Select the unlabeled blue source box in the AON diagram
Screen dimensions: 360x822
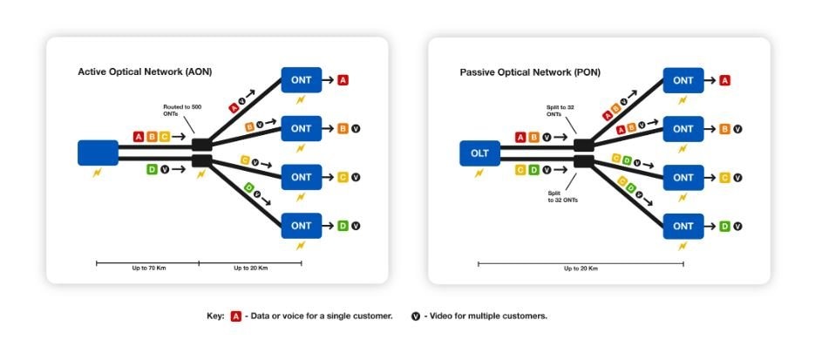point(99,153)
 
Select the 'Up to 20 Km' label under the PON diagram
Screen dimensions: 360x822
point(581,268)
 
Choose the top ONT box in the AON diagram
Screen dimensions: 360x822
point(302,80)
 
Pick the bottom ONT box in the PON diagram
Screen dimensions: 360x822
point(683,226)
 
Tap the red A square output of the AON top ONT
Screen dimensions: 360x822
point(343,80)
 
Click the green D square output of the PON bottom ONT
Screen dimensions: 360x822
point(725,226)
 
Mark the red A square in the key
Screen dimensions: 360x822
point(235,316)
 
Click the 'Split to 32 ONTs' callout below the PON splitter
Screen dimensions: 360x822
point(564,197)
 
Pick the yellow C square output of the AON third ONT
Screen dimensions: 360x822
point(343,178)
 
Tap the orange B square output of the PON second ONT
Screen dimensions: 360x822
point(725,129)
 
